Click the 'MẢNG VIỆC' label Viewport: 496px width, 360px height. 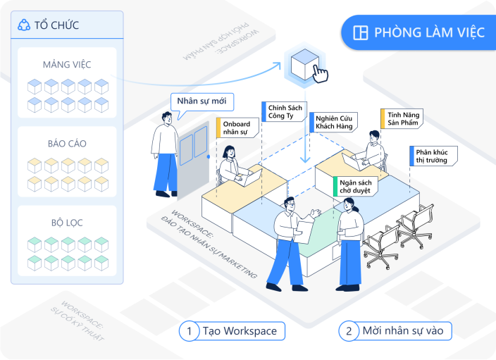click(x=67, y=64)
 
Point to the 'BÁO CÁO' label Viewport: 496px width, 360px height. click(x=67, y=143)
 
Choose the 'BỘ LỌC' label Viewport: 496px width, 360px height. click(x=67, y=222)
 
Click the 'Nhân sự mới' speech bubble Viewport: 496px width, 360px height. click(x=201, y=101)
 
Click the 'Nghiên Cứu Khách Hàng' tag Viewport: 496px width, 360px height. click(x=335, y=121)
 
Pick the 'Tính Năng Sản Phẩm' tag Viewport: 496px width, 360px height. click(x=402, y=118)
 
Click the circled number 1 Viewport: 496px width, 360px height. click(x=189, y=330)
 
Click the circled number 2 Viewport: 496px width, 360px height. click(x=348, y=330)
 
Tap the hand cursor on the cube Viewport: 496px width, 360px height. click(x=320, y=73)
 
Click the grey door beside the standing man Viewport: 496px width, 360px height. click(x=192, y=159)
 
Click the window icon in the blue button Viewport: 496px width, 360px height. click(x=361, y=33)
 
